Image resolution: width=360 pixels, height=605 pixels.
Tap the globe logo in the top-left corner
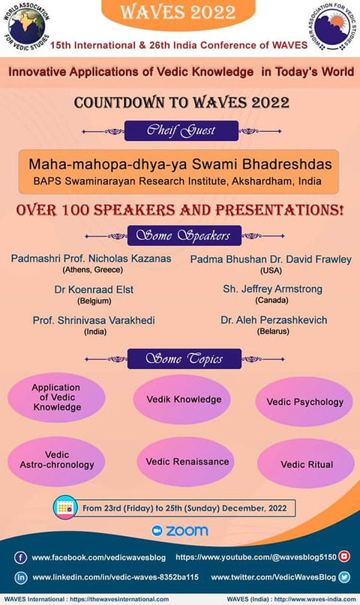[28, 30]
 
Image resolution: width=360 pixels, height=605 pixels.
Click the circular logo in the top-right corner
[332, 29]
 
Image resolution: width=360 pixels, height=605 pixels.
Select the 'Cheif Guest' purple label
[181, 130]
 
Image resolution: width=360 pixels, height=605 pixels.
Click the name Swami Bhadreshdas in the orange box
[181, 163]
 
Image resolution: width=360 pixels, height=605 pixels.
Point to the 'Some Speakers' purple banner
[181, 235]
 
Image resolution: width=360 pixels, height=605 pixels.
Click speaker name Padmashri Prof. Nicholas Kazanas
[91, 259]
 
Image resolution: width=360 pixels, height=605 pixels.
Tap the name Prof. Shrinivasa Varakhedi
[94, 320]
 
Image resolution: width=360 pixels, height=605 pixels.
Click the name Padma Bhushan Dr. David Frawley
[271, 259]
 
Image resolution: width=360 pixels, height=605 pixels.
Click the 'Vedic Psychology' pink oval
[304, 402]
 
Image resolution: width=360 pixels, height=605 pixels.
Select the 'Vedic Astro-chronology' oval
[57, 460]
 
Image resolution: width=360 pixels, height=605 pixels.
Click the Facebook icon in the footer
[22, 558]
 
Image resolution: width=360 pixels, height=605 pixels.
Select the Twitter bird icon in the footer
[344, 577]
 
